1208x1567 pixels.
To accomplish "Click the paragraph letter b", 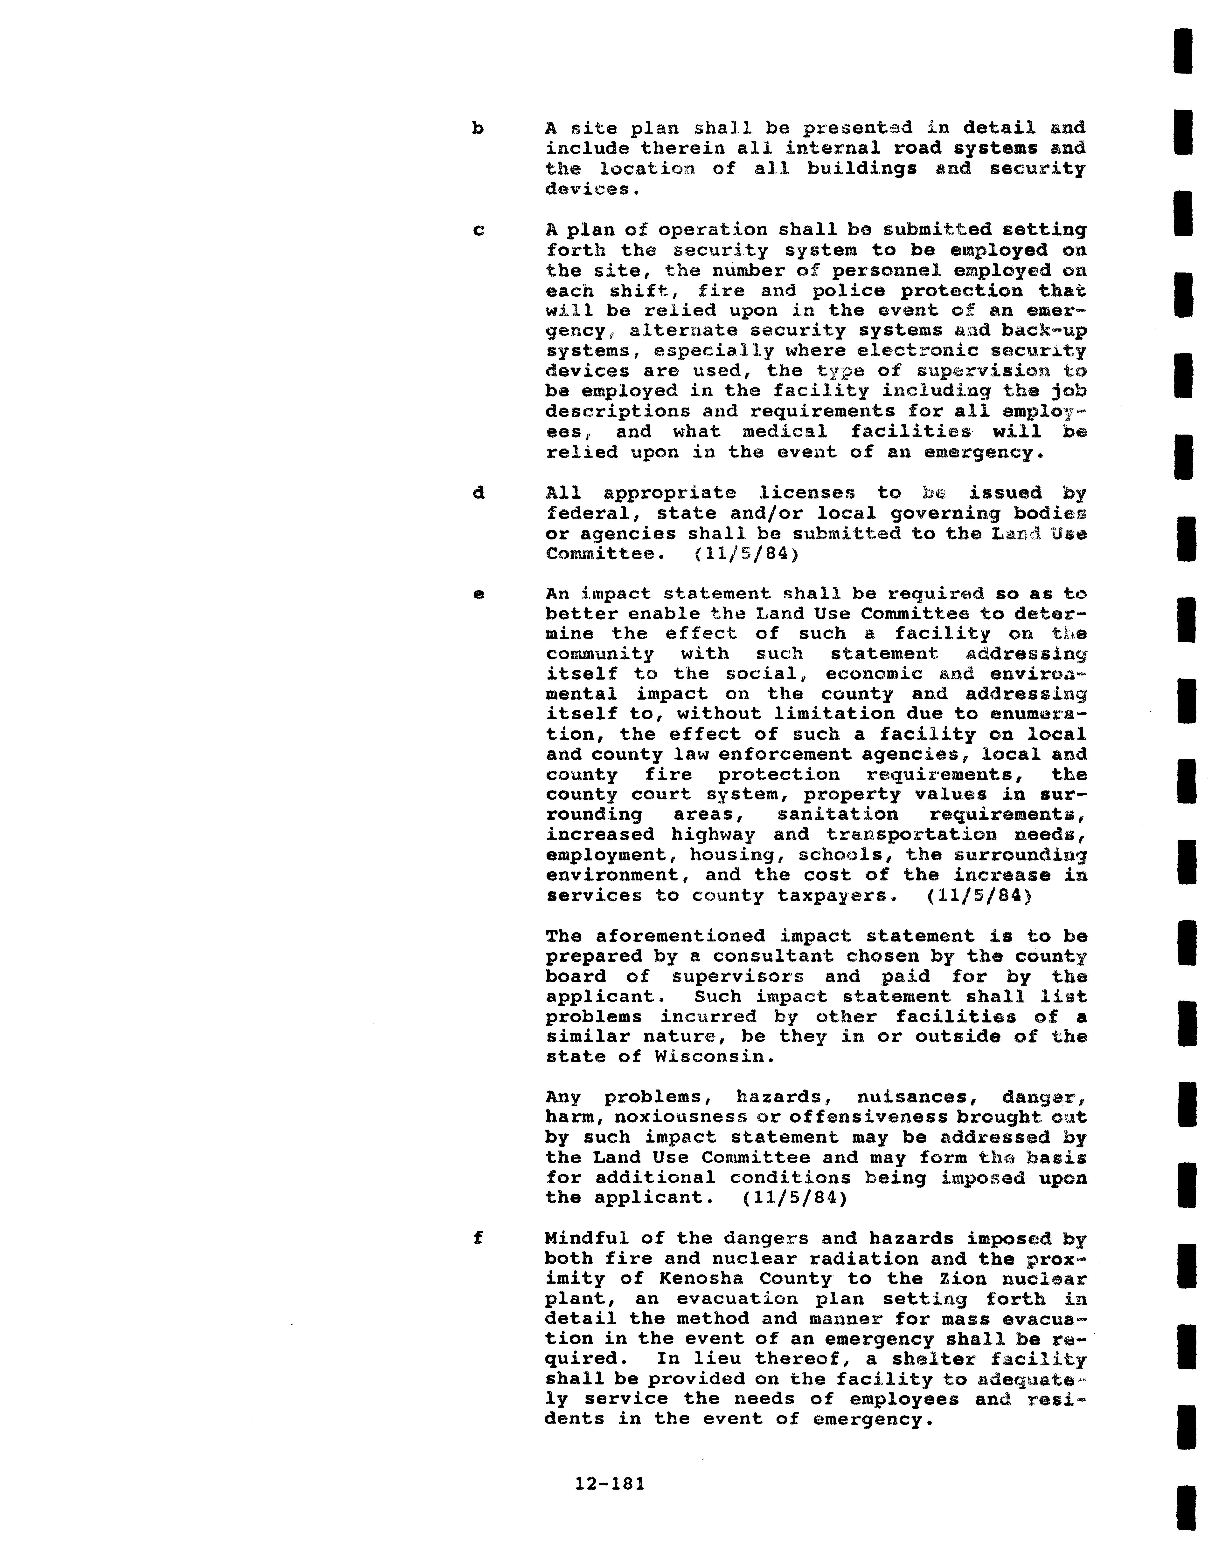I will point(477,129).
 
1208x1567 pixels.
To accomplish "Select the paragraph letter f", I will point(478,1238).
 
